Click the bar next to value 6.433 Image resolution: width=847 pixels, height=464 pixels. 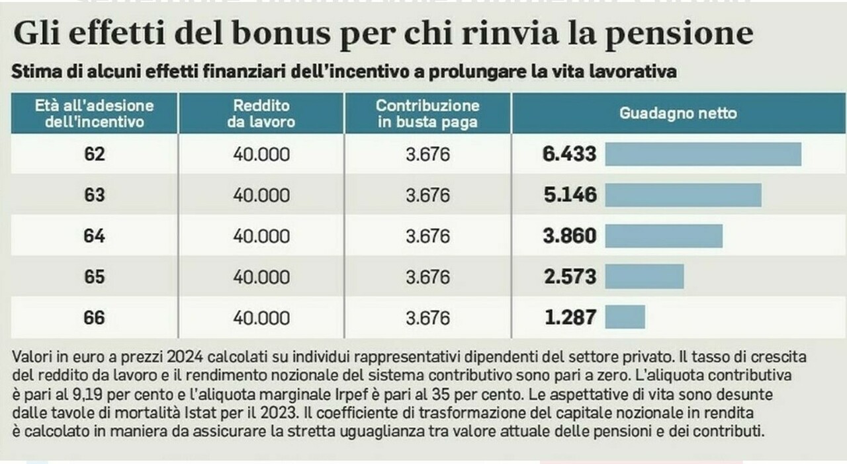[x=703, y=154]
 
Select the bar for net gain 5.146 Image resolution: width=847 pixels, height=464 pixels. [x=683, y=195]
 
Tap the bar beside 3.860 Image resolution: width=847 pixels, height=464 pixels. [x=664, y=236]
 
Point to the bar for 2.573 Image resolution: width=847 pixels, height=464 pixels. [x=644, y=276]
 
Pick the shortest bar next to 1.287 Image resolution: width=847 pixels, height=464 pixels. [x=625, y=317]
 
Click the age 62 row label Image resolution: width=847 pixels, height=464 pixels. [x=94, y=154]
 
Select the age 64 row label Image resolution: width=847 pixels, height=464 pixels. [x=94, y=236]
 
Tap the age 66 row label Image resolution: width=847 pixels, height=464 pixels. [x=94, y=317]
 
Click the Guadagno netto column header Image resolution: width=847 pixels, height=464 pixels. [x=678, y=113]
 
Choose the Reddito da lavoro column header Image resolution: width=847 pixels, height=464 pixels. [x=261, y=113]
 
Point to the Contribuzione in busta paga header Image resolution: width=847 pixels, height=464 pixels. [x=427, y=113]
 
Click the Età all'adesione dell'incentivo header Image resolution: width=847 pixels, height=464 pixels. [x=94, y=113]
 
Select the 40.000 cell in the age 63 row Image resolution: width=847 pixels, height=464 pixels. [x=261, y=195]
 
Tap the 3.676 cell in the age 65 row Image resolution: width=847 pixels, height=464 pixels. [x=427, y=276]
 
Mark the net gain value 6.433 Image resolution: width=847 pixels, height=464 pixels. [x=569, y=154]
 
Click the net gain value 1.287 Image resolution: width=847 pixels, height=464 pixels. [x=569, y=317]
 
